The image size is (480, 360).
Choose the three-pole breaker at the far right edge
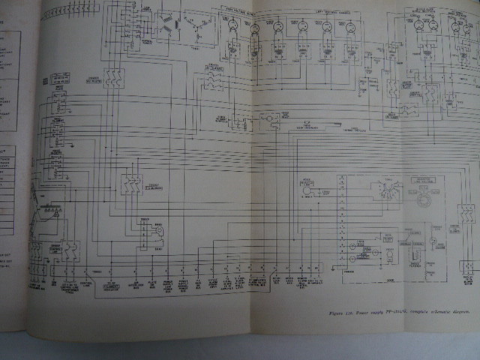(467, 214)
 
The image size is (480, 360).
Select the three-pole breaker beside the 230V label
(130, 186)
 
